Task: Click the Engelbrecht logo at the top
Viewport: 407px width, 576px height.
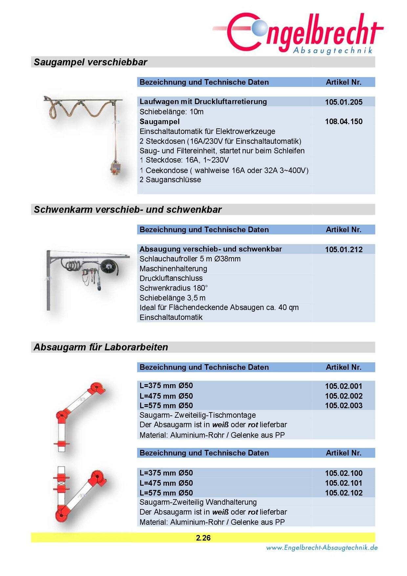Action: (x=299, y=33)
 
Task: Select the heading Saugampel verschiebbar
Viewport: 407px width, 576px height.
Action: (x=90, y=62)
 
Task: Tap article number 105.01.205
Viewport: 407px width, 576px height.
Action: (x=343, y=102)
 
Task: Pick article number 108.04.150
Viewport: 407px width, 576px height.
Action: (x=343, y=122)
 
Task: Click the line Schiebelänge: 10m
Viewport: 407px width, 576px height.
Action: (x=171, y=112)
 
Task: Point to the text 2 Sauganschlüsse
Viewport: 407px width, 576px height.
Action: (x=170, y=180)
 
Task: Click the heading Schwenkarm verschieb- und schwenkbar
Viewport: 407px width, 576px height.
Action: (x=128, y=210)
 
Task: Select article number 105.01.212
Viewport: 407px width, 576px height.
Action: (x=343, y=250)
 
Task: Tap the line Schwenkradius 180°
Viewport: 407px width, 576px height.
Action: (x=173, y=288)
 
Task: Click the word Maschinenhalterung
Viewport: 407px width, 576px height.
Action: (x=173, y=269)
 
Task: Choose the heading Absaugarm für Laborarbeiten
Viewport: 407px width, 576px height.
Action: (x=101, y=347)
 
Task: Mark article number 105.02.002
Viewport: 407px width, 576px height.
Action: (x=343, y=396)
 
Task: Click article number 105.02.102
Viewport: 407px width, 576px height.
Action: (x=343, y=493)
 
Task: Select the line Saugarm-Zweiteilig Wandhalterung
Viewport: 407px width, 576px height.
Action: (x=198, y=502)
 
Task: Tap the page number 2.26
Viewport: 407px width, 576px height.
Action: (x=203, y=538)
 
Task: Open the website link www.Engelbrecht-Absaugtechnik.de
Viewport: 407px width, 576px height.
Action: (x=322, y=548)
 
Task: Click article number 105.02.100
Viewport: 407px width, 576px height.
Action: (x=343, y=473)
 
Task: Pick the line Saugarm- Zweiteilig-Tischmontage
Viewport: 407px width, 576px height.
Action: (x=197, y=415)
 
